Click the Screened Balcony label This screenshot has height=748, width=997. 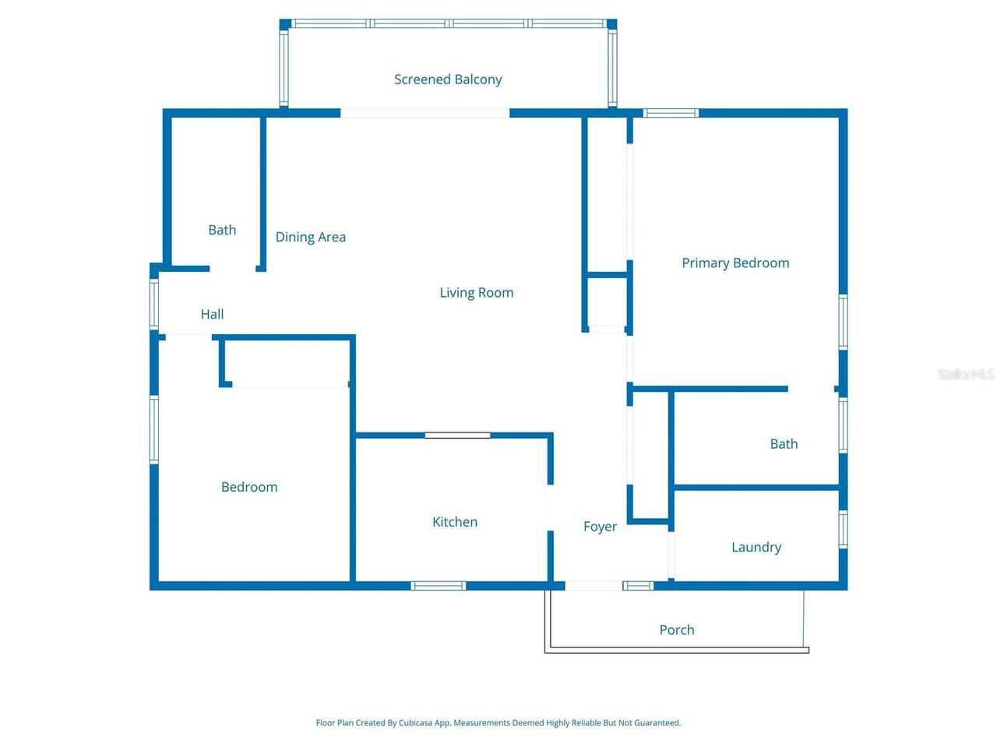click(448, 79)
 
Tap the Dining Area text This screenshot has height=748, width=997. click(311, 237)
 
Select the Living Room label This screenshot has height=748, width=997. click(477, 292)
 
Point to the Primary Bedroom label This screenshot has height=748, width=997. click(735, 263)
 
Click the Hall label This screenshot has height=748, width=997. click(212, 314)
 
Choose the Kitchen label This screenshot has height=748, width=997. click(455, 522)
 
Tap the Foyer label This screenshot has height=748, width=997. click(600, 527)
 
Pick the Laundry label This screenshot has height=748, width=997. click(756, 547)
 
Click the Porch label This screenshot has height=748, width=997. click(677, 630)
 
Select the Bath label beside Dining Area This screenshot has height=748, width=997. click(222, 230)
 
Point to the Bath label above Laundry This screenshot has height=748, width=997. click(784, 443)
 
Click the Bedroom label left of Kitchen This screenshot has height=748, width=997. click(249, 487)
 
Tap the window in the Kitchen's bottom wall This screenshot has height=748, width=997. click(439, 585)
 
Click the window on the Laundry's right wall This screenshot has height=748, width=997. click(843, 529)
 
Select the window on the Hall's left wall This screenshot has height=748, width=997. click(154, 304)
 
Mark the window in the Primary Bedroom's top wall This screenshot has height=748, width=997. click(671, 113)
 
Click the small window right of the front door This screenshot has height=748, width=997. click(638, 585)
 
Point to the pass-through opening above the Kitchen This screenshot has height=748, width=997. click(457, 436)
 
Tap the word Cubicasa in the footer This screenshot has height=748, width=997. click(415, 722)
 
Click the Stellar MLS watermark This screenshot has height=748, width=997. click(966, 374)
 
